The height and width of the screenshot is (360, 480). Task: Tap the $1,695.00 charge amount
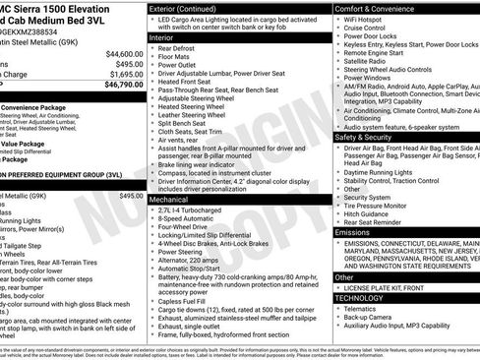click(123, 74)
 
